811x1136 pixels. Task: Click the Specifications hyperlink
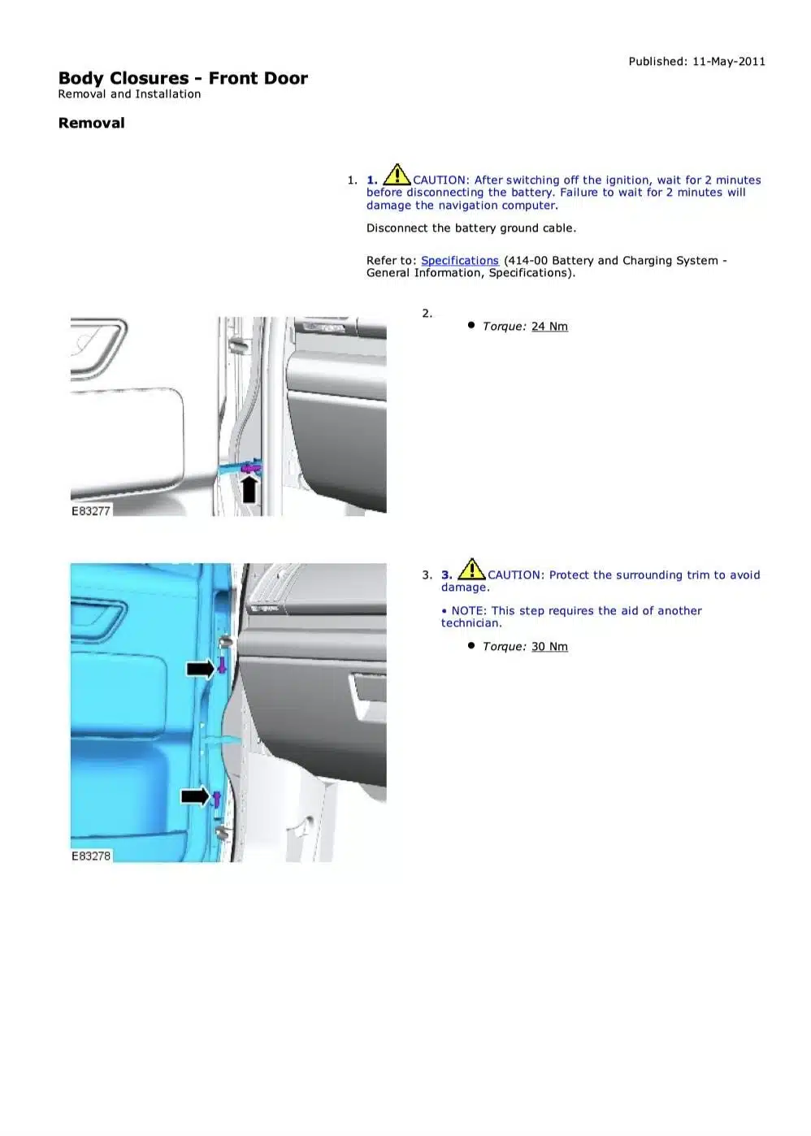click(x=459, y=260)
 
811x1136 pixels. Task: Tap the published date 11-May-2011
click(x=729, y=62)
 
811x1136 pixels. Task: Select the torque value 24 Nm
click(x=549, y=326)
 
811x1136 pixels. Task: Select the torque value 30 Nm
click(x=549, y=646)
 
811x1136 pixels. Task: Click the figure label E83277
click(x=91, y=510)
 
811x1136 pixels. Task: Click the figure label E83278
click(x=91, y=856)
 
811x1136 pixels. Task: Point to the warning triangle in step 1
click(x=397, y=174)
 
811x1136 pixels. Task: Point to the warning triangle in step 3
click(x=471, y=569)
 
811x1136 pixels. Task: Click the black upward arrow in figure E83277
click(x=249, y=488)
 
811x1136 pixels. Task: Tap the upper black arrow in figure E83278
click(x=201, y=669)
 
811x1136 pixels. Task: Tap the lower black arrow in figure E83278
click(x=195, y=796)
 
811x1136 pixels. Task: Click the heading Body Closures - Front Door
click(x=183, y=78)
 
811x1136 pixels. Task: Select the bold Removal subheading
click(x=91, y=123)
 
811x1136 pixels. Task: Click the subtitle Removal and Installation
click(x=129, y=93)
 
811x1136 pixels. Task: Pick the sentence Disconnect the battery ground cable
click(x=471, y=228)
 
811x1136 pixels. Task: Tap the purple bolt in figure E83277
click(x=251, y=468)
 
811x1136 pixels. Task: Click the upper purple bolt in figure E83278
click(x=222, y=665)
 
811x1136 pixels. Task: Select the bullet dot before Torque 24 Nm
click(x=471, y=325)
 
